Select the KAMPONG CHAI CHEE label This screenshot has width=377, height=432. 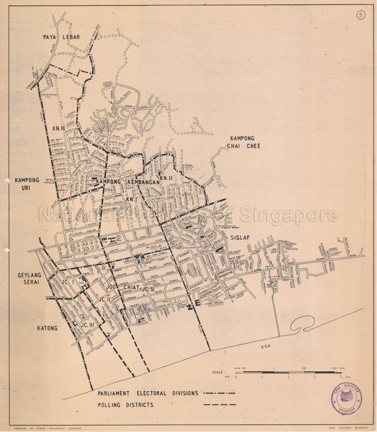[245, 142]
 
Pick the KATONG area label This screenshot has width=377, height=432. [47, 328]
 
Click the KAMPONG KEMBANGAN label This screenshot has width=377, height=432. [128, 182]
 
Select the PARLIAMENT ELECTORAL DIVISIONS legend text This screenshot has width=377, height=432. [148, 393]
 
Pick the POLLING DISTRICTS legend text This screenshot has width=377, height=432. [126, 405]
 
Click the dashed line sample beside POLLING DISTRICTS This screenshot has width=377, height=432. [219, 405]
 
